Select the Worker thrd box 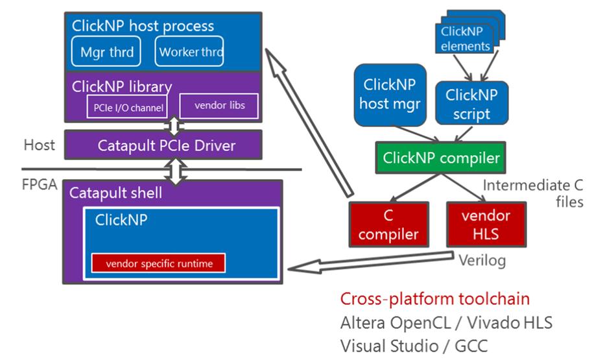click(189, 52)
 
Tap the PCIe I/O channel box click(126, 106)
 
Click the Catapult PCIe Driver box click(163, 145)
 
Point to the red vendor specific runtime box click(158, 263)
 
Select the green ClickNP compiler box click(441, 158)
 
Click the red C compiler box click(388, 224)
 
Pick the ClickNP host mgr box click(390, 94)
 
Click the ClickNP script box click(471, 103)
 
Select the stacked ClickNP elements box click(465, 38)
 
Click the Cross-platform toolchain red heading click(434, 299)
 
